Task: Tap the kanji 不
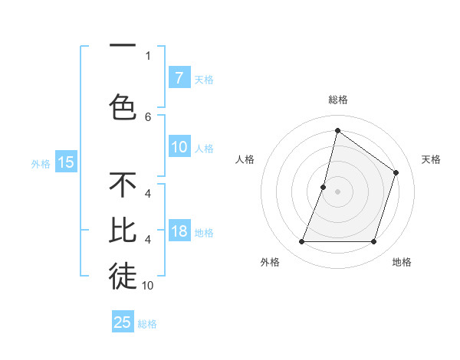(123, 185)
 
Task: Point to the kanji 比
(123, 231)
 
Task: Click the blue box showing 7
(179, 77)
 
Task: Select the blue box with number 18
(179, 232)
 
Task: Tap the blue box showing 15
(65, 162)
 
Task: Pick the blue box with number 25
(123, 322)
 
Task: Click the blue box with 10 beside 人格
(179, 148)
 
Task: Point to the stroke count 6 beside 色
(148, 116)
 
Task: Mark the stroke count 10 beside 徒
(148, 285)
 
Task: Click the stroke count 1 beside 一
(148, 55)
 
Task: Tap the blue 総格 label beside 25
(147, 324)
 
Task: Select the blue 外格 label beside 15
(40, 163)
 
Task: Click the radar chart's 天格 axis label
(431, 159)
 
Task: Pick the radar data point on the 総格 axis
(337, 130)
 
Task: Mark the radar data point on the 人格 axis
(324, 187)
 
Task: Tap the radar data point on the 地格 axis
(373, 242)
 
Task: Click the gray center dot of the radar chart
(337, 191)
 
